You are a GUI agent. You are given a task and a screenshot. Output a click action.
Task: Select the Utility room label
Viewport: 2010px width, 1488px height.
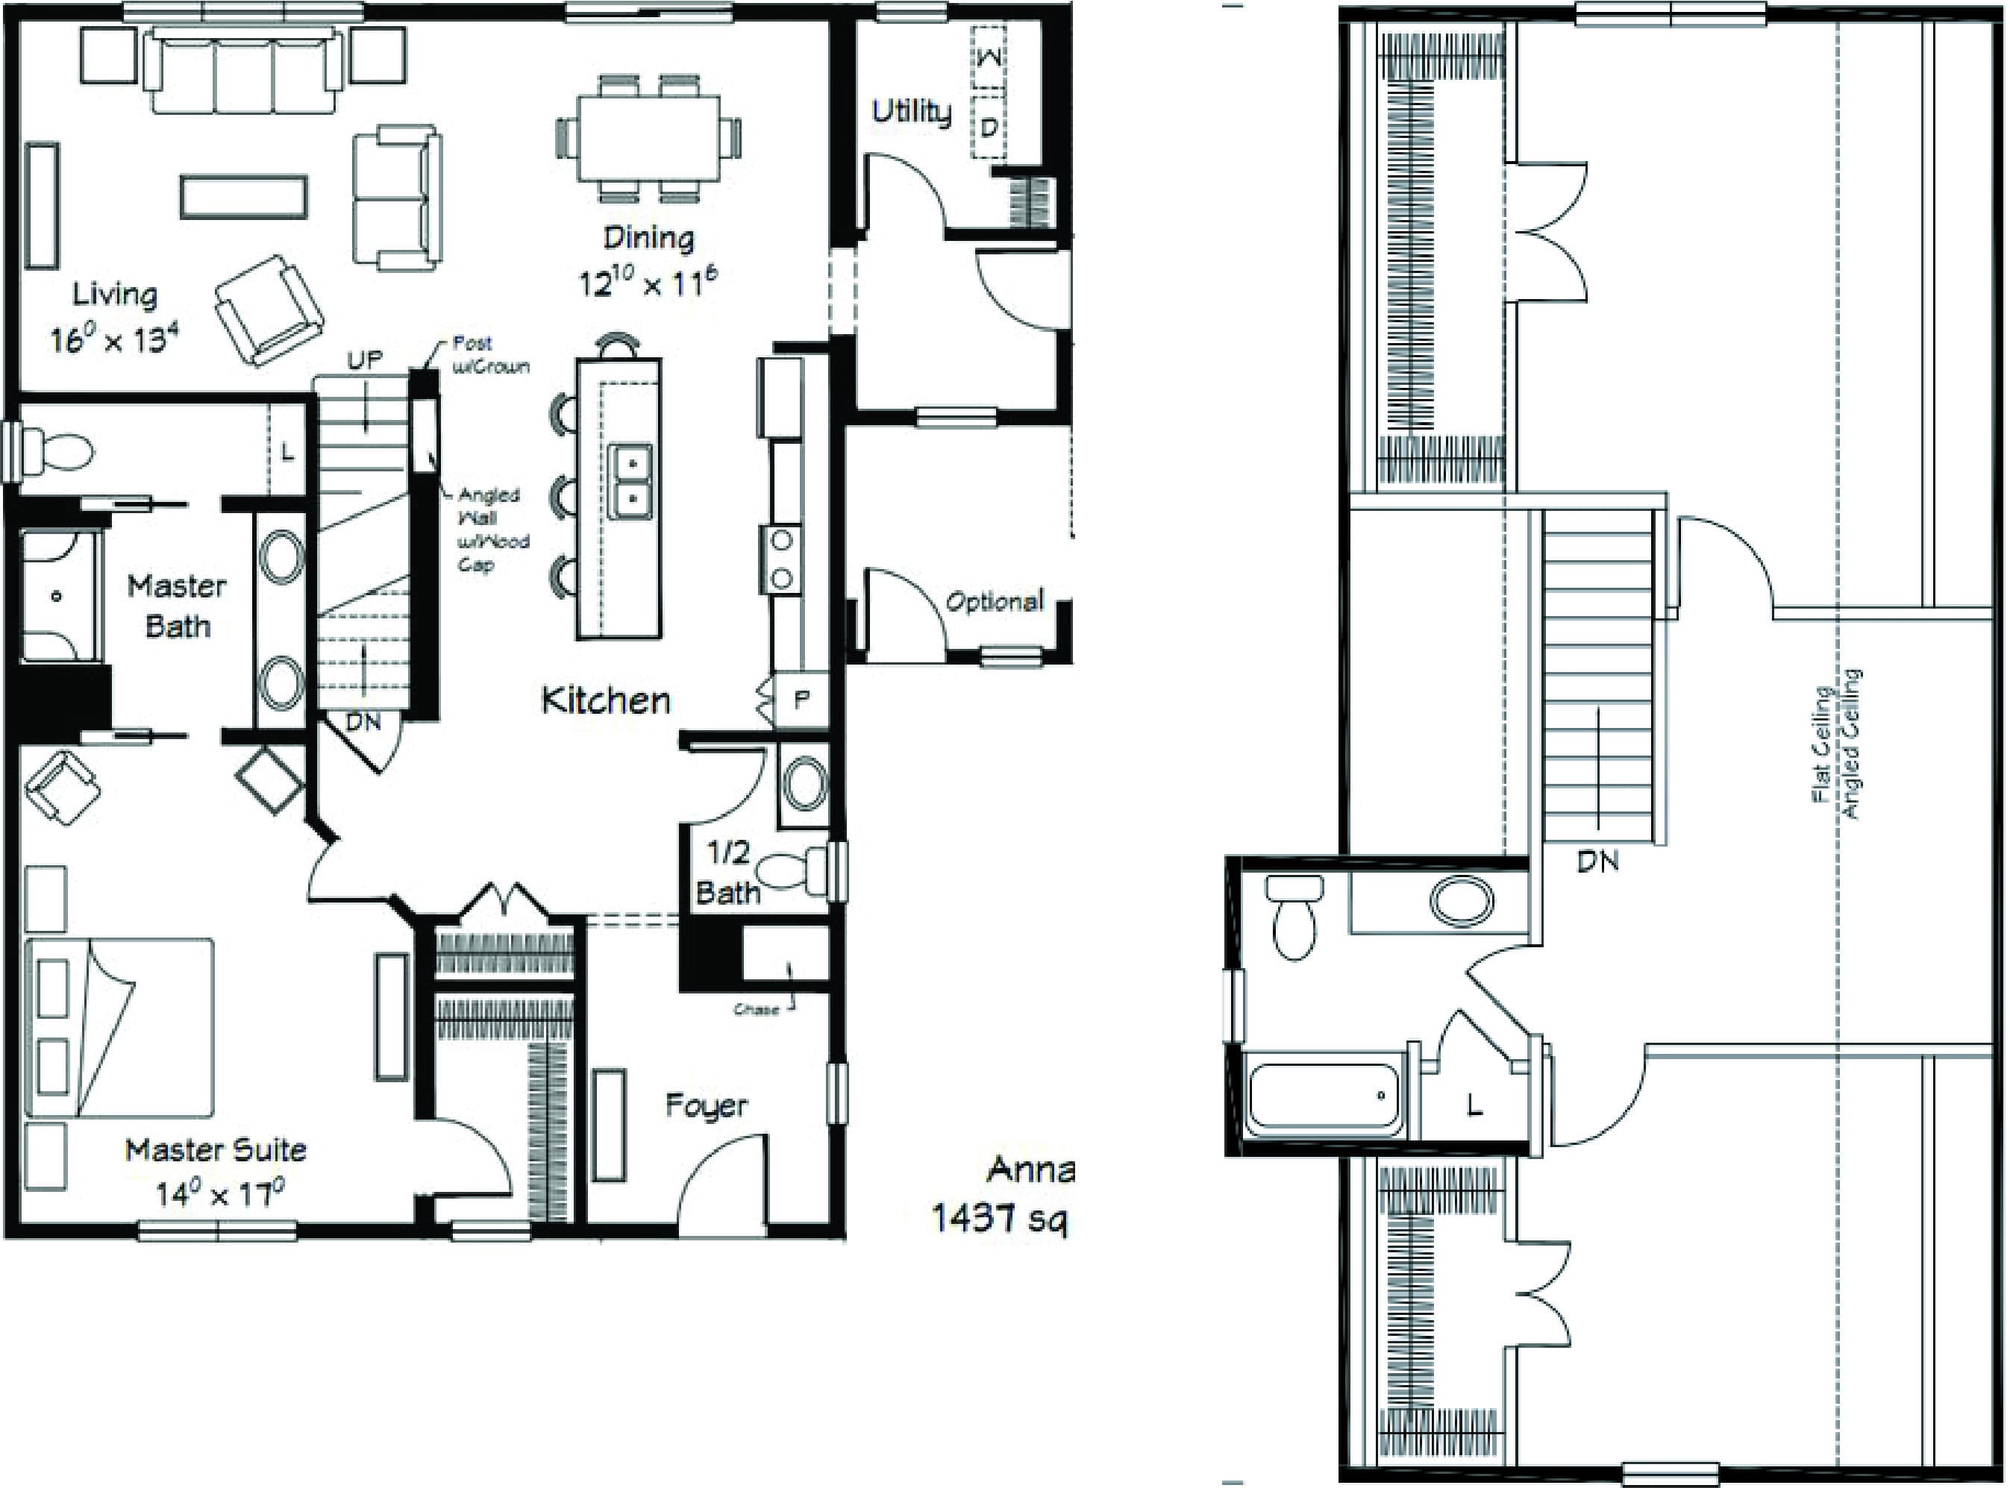click(x=911, y=112)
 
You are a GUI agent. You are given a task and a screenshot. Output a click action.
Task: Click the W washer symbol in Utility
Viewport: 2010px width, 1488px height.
click(x=989, y=58)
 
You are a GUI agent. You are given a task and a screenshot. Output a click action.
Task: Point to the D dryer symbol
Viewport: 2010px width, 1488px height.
click(x=989, y=127)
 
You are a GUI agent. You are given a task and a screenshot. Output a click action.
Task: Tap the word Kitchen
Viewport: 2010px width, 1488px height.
click(x=605, y=700)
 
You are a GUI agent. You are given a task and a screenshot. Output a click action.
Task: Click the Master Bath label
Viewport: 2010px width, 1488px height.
click(x=177, y=606)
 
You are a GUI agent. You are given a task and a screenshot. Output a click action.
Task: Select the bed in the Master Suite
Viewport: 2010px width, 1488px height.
click(x=122, y=1028)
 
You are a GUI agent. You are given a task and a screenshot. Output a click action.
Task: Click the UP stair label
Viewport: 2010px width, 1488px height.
click(x=365, y=360)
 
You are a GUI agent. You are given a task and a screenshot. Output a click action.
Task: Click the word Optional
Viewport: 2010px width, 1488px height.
click(x=994, y=600)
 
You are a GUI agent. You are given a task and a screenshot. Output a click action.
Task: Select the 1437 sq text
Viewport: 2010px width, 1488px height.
click(x=998, y=1218)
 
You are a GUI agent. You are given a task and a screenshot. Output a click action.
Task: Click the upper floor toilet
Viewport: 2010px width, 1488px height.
click(x=1294, y=919)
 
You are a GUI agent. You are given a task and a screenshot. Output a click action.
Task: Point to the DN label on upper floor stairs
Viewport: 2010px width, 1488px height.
click(x=1597, y=861)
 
